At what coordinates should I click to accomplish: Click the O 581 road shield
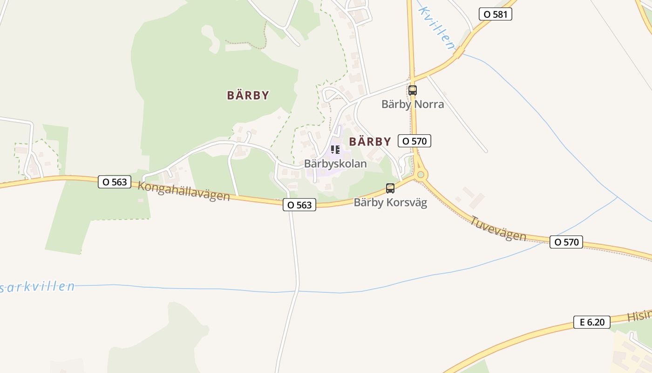(496, 14)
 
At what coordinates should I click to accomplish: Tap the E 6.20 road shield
(591, 322)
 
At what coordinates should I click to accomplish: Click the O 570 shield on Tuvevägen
(566, 242)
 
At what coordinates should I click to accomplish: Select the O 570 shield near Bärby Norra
(414, 140)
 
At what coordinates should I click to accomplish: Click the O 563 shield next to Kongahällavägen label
(115, 182)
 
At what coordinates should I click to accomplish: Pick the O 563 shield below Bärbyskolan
(299, 205)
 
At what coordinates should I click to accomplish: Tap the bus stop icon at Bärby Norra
(413, 90)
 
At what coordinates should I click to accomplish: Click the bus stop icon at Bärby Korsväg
(390, 188)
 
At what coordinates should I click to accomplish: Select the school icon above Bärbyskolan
(335, 150)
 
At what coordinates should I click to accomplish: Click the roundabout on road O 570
(421, 175)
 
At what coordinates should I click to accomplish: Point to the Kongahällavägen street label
(184, 191)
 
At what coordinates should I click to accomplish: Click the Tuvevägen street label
(498, 228)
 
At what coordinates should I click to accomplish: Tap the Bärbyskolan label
(335, 164)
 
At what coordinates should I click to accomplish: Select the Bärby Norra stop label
(413, 104)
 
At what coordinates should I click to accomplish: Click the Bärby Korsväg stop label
(390, 202)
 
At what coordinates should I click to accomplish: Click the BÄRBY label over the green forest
(248, 95)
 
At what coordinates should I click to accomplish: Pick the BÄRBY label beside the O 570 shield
(370, 141)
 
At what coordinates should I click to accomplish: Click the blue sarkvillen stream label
(37, 286)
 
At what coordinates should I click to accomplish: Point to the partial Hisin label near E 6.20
(639, 316)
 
